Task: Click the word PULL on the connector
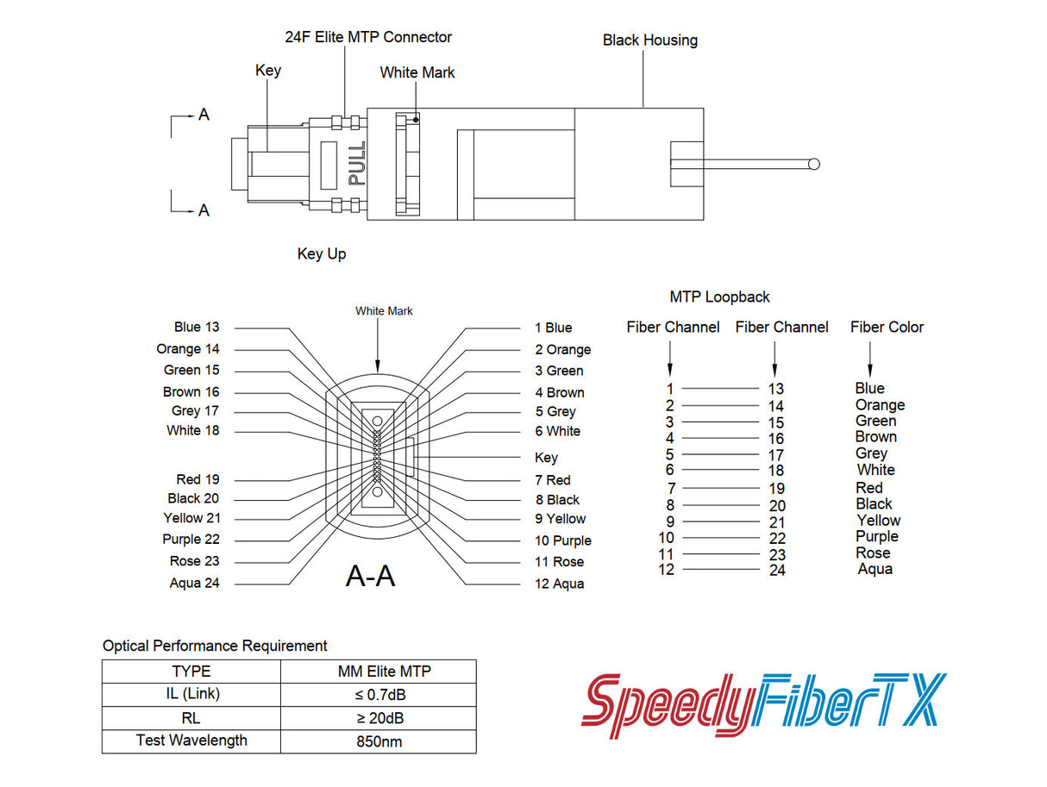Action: [x=356, y=164]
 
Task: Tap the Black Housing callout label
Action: [x=649, y=40]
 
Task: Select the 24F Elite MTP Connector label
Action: [x=368, y=37]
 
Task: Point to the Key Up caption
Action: [x=322, y=253]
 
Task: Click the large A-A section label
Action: [x=370, y=575]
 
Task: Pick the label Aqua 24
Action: [x=195, y=584]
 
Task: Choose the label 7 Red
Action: [x=553, y=480]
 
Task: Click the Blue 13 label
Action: [x=197, y=327]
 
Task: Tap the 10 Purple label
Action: [x=562, y=540]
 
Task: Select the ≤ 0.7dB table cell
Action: [x=379, y=694]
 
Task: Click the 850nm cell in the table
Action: [x=379, y=740]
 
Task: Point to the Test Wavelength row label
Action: [x=191, y=740]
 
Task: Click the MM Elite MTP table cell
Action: [x=379, y=671]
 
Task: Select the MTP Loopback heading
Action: [x=719, y=297]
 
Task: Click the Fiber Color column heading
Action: [x=887, y=327]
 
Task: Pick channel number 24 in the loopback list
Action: [x=777, y=570]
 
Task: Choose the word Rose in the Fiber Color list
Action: [x=873, y=553]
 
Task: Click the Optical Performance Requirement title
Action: [x=215, y=646]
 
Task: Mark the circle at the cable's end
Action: [x=813, y=164]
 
